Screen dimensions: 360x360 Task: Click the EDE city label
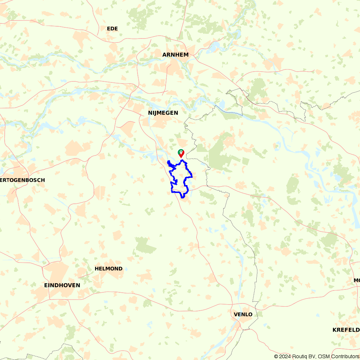(x=112, y=28)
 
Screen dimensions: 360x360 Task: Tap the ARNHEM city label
(x=175, y=55)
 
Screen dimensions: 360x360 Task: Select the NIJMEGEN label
(x=163, y=113)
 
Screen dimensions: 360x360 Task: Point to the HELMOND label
(x=108, y=269)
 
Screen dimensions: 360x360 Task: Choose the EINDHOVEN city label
(x=62, y=285)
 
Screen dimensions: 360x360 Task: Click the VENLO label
(x=243, y=314)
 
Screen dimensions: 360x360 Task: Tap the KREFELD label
(x=346, y=330)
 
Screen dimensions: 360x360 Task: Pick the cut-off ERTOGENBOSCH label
(x=22, y=180)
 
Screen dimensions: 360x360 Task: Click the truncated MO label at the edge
(x=356, y=280)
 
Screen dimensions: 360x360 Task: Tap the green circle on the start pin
(x=180, y=152)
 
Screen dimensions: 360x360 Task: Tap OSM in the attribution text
(x=323, y=356)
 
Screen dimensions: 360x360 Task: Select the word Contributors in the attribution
(x=344, y=356)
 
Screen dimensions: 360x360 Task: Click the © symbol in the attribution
(x=276, y=356)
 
